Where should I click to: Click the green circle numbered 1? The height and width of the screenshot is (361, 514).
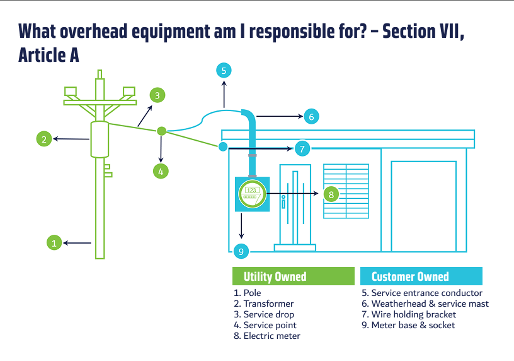(54, 243)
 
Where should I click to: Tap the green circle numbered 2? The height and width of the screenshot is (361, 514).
(44, 139)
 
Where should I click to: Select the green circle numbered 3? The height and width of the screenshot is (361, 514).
(157, 95)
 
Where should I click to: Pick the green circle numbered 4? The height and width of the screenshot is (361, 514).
(161, 171)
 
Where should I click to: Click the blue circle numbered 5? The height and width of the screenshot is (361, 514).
(224, 70)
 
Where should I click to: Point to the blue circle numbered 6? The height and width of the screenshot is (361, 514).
(311, 116)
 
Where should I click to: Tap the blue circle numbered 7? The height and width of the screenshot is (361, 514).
(302, 148)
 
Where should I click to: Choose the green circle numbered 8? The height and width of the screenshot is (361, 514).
(331, 194)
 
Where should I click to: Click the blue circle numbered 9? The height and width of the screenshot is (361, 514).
(241, 251)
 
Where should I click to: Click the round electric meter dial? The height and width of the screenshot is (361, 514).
(252, 194)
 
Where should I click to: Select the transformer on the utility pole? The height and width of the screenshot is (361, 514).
(100, 139)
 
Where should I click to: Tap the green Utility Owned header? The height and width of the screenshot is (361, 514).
(294, 276)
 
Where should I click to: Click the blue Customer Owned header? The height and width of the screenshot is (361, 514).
(421, 276)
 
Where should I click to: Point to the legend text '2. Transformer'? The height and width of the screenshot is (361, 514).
(263, 304)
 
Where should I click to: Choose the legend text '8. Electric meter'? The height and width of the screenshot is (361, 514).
(267, 336)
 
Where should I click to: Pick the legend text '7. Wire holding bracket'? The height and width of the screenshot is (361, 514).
(409, 314)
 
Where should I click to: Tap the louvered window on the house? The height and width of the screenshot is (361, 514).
(346, 191)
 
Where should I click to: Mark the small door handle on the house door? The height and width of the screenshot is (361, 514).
(283, 202)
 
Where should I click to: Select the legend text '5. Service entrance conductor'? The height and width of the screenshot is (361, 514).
(422, 293)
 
